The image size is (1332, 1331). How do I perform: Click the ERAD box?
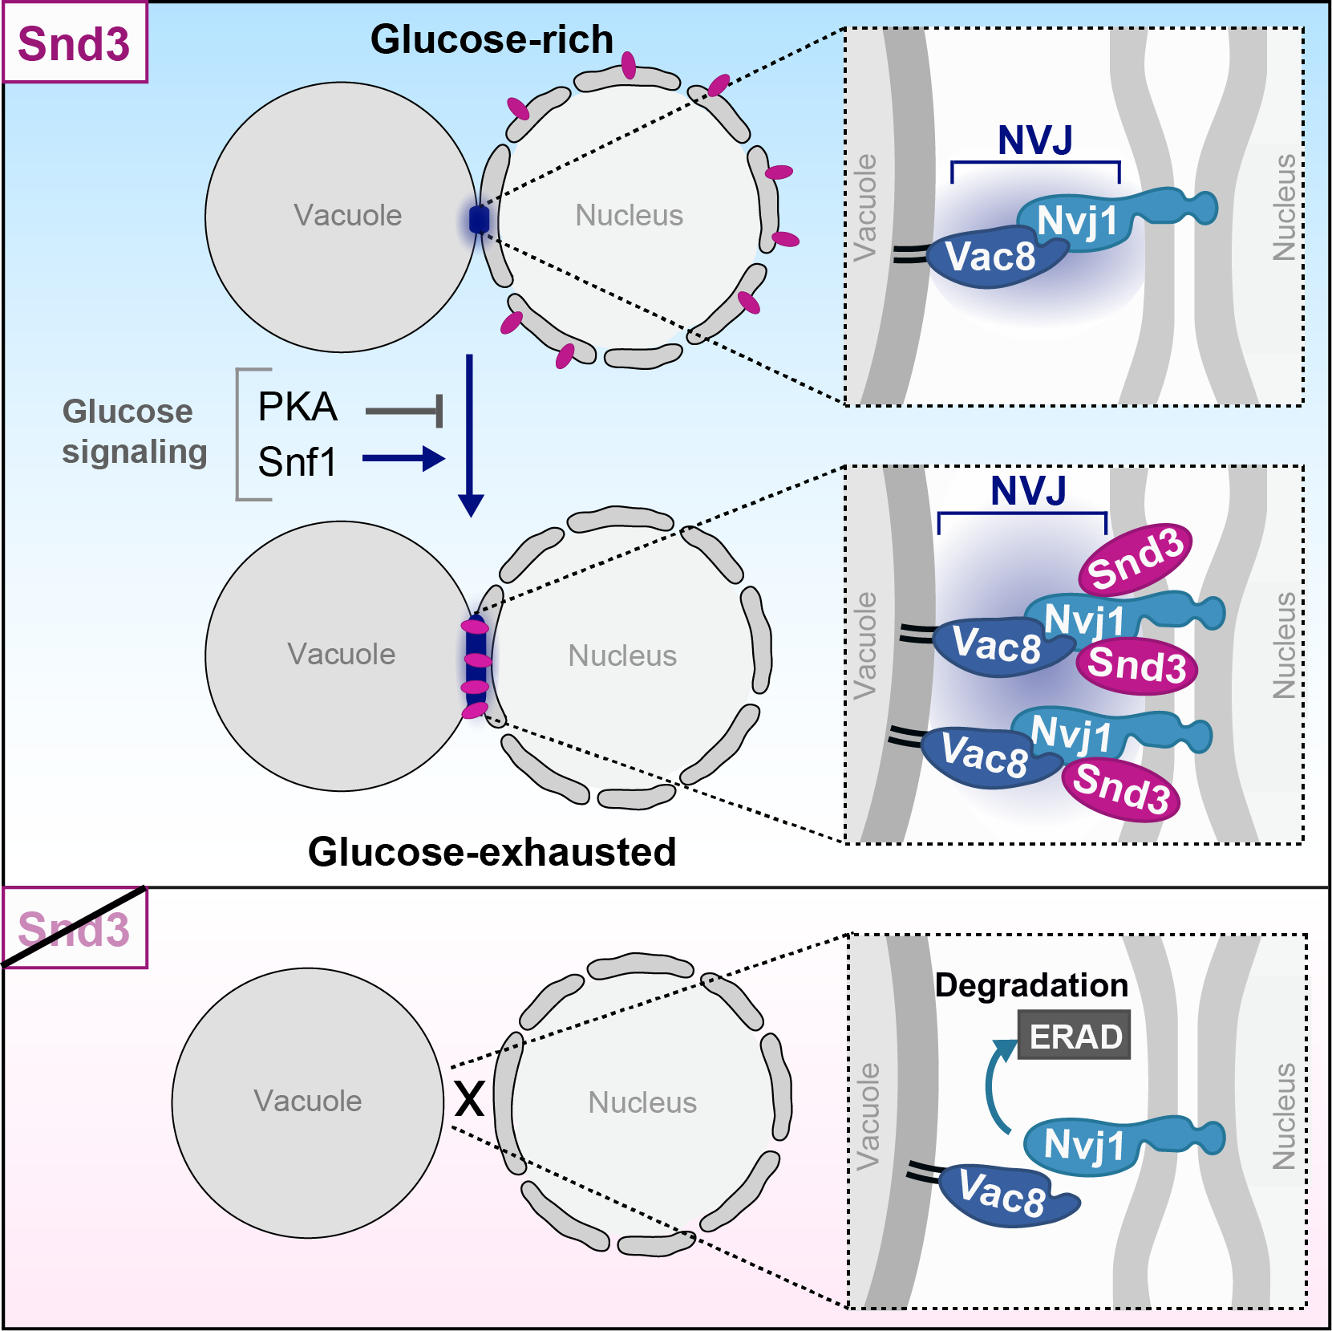(x=1074, y=1036)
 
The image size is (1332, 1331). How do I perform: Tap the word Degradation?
(x=1030, y=985)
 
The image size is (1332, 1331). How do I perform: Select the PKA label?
(x=298, y=407)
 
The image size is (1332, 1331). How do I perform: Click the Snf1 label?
(x=298, y=462)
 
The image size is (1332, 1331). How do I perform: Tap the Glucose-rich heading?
(x=492, y=39)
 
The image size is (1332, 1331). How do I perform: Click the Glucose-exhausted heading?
(x=492, y=851)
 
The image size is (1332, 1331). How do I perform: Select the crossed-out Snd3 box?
(x=74, y=929)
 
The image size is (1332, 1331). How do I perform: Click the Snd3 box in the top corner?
(x=74, y=43)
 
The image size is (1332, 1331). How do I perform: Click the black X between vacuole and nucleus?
(x=469, y=1098)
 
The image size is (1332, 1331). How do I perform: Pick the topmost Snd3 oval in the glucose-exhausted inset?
(x=1135, y=560)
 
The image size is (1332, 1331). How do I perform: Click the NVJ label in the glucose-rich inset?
(x=1034, y=140)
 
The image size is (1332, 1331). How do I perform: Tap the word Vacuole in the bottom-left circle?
(x=307, y=1101)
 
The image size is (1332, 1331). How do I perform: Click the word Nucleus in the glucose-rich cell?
(x=629, y=215)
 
